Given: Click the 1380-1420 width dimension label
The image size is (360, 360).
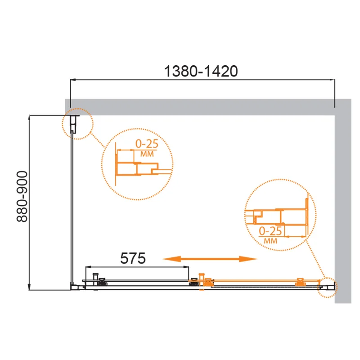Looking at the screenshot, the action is coord(201,71).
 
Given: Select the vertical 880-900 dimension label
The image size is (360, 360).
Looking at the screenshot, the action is coord(22,197).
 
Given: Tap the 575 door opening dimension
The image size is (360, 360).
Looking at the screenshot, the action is coord(133,258).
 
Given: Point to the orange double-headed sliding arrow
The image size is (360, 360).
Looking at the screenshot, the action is coord(210,259).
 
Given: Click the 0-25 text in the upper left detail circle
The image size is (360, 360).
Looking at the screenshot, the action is coord(147,144).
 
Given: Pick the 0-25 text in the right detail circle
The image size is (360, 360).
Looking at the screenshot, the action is coord(270,231).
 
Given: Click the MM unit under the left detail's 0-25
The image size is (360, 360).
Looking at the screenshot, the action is coord(147,154).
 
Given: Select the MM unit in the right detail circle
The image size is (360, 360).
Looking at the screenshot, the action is coord(271,241).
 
